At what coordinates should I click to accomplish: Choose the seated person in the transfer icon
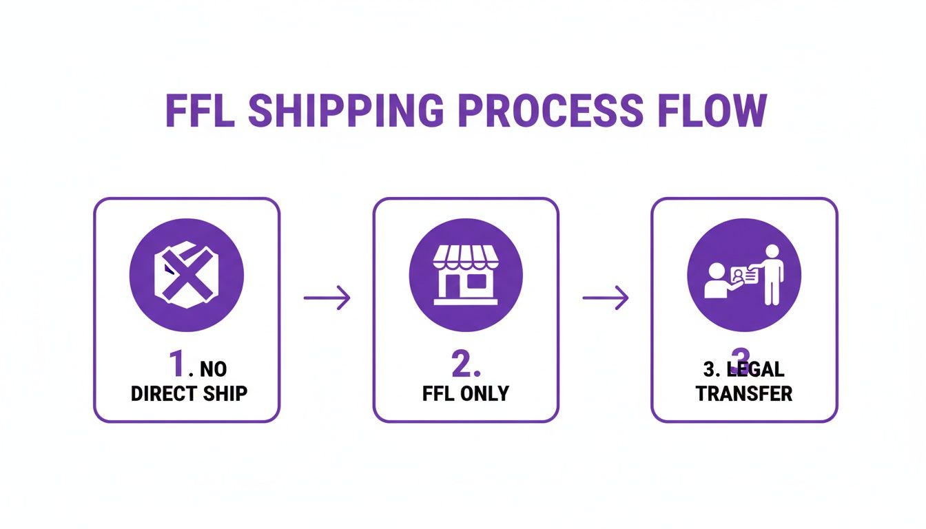click(716, 281)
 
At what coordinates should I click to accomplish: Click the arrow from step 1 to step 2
click(327, 298)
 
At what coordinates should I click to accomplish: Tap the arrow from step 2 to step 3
click(606, 298)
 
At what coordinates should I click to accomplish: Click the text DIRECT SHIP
click(189, 394)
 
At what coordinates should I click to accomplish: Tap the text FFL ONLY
click(466, 394)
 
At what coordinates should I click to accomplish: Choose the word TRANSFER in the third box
click(744, 393)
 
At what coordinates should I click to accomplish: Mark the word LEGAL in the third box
click(757, 369)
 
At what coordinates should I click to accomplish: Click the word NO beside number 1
click(213, 370)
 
